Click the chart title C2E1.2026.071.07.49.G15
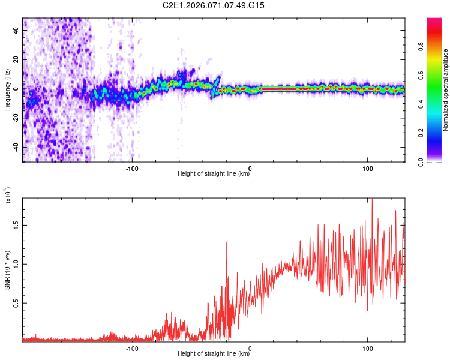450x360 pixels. [214, 5]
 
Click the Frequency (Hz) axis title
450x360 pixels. [7, 89]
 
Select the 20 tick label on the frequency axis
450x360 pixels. [16, 60]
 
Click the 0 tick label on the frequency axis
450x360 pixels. [18, 89]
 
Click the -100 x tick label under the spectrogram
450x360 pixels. [132, 168]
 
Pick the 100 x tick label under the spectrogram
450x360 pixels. [367, 168]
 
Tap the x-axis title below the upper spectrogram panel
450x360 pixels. [214, 174]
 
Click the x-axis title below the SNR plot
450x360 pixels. [214, 354]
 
